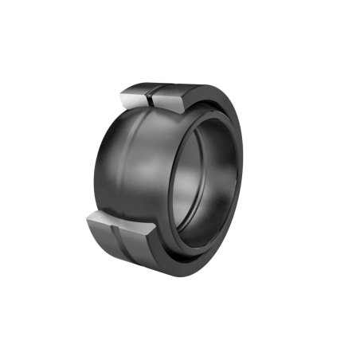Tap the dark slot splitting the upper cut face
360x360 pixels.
152,99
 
